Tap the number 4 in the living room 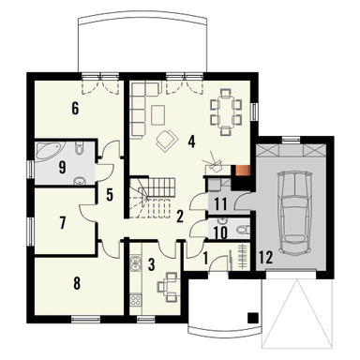click(191, 143)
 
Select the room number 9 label click(61, 169)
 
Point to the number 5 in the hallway click(110, 195)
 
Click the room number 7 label click(62, 223)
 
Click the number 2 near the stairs click(180, 217)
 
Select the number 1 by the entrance click(205, 255)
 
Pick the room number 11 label click(219, 203)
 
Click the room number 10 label click(219, 230)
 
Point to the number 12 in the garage click(266, 256)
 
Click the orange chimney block click(244, 171)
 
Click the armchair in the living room click(169, 141)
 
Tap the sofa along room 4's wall click(140, 104)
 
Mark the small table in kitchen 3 click(170, 283)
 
